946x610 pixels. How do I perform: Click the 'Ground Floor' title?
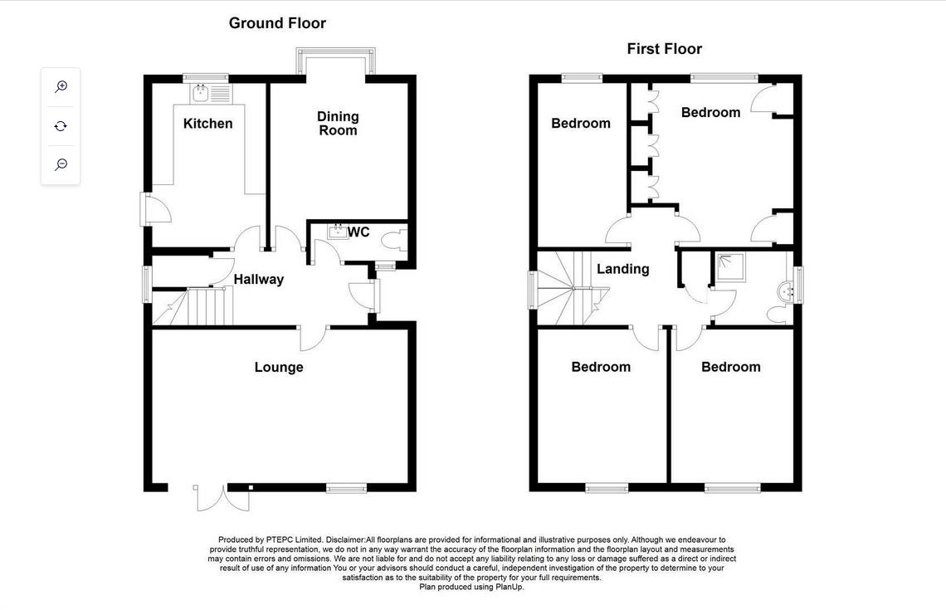277,23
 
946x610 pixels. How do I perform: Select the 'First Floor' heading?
664,49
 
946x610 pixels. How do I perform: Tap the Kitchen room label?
207,124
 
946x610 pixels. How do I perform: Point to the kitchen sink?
200,94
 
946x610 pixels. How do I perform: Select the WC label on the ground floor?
358,232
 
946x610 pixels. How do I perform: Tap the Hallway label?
258,280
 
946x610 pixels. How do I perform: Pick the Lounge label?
279,367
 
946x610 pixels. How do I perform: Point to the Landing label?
622,269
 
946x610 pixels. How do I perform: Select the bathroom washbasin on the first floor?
783,291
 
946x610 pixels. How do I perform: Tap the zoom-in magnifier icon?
61,87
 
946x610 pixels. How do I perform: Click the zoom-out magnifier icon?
61,164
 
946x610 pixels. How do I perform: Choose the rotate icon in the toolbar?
61,126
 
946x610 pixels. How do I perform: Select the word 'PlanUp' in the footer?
508,587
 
